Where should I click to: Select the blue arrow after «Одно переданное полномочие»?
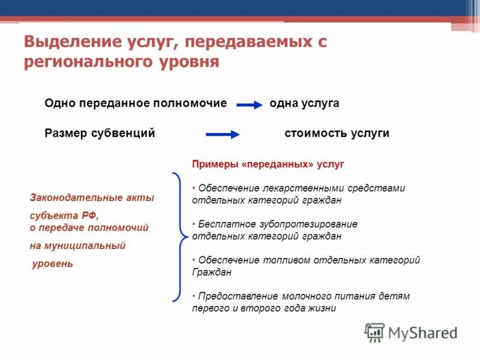click(x=250, y=105)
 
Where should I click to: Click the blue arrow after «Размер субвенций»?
click(x=223, y=134)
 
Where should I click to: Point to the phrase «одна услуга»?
click(x=304, y=103)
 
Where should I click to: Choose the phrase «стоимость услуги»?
click(x=337, y=133)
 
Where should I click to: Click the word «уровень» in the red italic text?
click(x=52, y=263)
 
